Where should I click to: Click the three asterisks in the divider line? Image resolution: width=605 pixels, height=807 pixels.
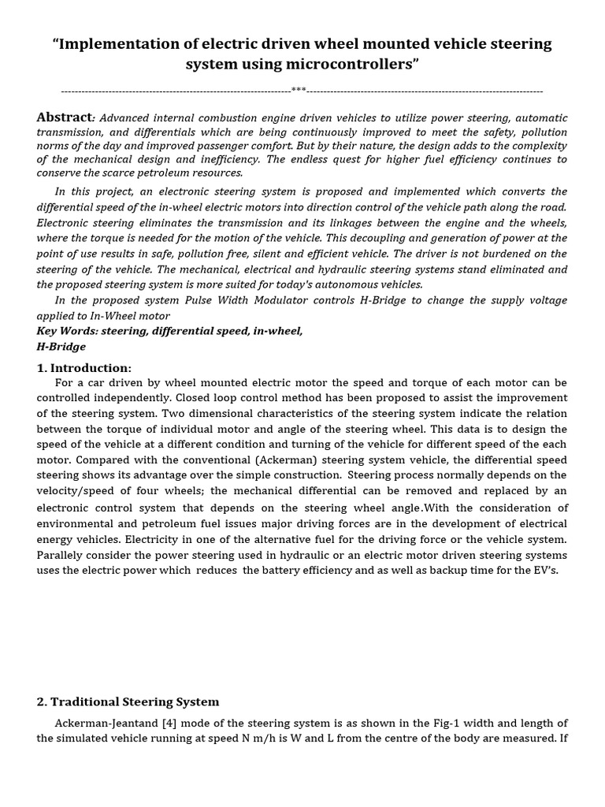click(x=299, y=90)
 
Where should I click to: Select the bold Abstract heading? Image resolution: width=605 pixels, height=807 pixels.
click(x=65, y=117)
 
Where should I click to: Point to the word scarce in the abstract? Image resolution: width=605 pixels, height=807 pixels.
click(x=147, y=173)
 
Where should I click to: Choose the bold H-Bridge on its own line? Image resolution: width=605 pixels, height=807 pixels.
click(x=61, y=347)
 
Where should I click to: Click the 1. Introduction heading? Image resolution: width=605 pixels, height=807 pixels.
click(x=84, y=368)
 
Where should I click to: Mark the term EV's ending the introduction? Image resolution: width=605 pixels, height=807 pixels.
click(x=544, y=571)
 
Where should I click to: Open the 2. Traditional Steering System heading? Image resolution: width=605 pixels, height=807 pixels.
click(x=128, y=701)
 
